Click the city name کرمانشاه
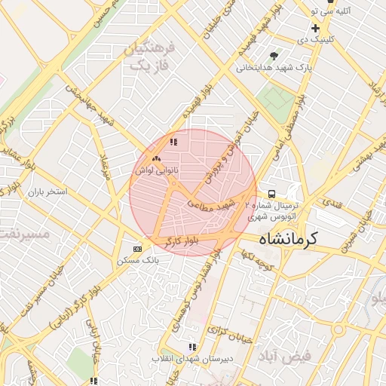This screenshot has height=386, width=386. click(x=289, y=238)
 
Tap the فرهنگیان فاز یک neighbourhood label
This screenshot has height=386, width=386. click(x=148, y=57)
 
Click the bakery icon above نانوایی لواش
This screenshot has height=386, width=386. click(x=156, y=158)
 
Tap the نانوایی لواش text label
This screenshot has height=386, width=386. click(x=156, y=171)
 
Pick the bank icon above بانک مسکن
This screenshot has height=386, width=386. click(x=137, y=248)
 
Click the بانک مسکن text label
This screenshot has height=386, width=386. click(x=136, y=260)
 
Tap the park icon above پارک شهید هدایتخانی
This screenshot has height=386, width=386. click(x=274, y=55)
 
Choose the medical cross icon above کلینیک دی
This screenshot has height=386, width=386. click(x=315, y=28)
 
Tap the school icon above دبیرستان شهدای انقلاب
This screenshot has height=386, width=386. click(x=192, y=347)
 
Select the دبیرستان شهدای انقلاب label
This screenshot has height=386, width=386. click(x=192, y=358)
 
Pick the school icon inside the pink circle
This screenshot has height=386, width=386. click(x=173, y=141)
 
